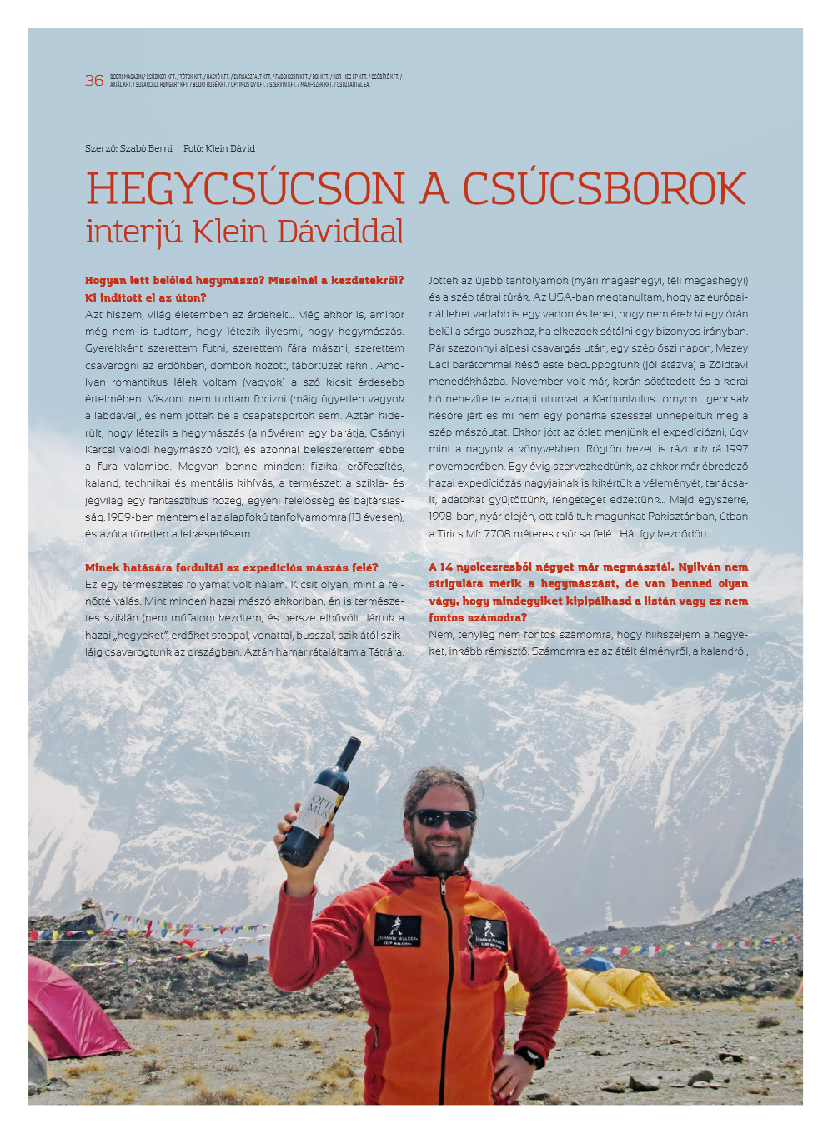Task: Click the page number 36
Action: coord(94,81)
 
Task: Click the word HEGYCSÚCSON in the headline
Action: coord(246,188)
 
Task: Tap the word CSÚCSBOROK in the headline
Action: coord(604,188)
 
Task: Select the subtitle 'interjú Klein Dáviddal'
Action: coord(244,232)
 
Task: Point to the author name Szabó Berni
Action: coord(146,148)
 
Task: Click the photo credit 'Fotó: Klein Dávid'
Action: coord(219,148)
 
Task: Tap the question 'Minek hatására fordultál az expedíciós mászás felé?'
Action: coord(231,567)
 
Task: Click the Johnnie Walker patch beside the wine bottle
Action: coord(397,930)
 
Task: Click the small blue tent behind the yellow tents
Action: coord(595,964)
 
